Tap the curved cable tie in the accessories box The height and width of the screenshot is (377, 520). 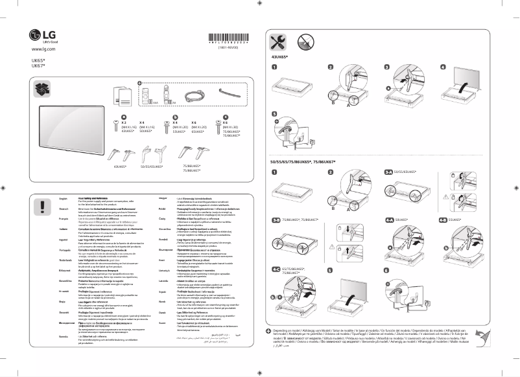tap(228, 95)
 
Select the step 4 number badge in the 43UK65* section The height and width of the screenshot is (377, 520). tap(443, 67)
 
